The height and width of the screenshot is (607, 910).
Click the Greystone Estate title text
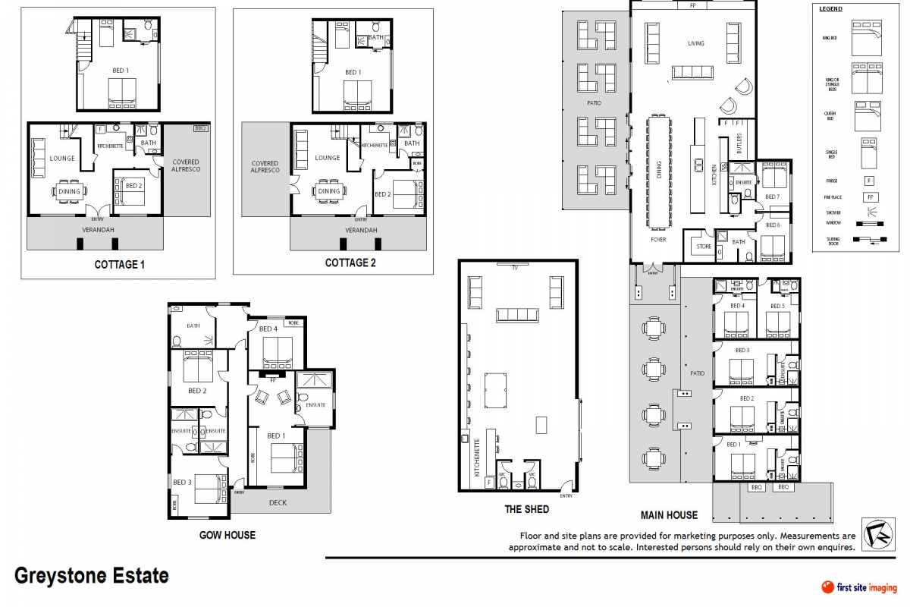pos(92,576)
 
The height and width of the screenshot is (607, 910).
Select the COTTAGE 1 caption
pos(119,265)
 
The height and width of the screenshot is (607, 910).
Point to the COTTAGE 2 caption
pos(350,263)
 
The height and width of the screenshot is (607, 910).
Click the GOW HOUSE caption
pos(227,535)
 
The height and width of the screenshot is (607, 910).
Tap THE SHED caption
pos(526,509)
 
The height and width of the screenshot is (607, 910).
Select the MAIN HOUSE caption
pos(668,515)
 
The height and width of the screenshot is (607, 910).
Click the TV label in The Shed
pos(514,268)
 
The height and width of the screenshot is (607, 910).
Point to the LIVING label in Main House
pos(695,43)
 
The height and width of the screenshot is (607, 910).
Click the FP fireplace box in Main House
pos(692,5)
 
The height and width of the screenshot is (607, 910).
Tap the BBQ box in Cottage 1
pos(200,128)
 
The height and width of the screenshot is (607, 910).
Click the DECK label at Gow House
pos(278,502)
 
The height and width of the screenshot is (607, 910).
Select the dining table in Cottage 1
pos(69,191)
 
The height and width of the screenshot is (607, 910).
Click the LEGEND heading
pos(831,9)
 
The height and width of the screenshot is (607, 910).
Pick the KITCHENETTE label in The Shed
pos(477,457)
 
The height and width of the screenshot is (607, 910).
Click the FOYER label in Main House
pos(657,240)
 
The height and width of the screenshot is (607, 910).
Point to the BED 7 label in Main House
pos(772,197)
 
